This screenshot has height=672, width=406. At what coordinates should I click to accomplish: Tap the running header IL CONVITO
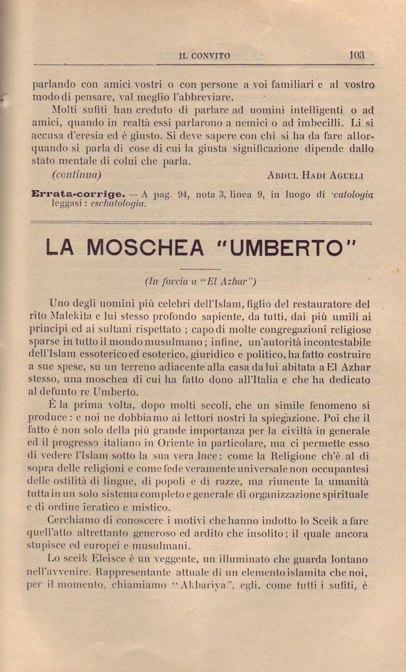(x=205, y=56)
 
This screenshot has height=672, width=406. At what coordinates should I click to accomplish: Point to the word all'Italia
(x=251, y=380)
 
